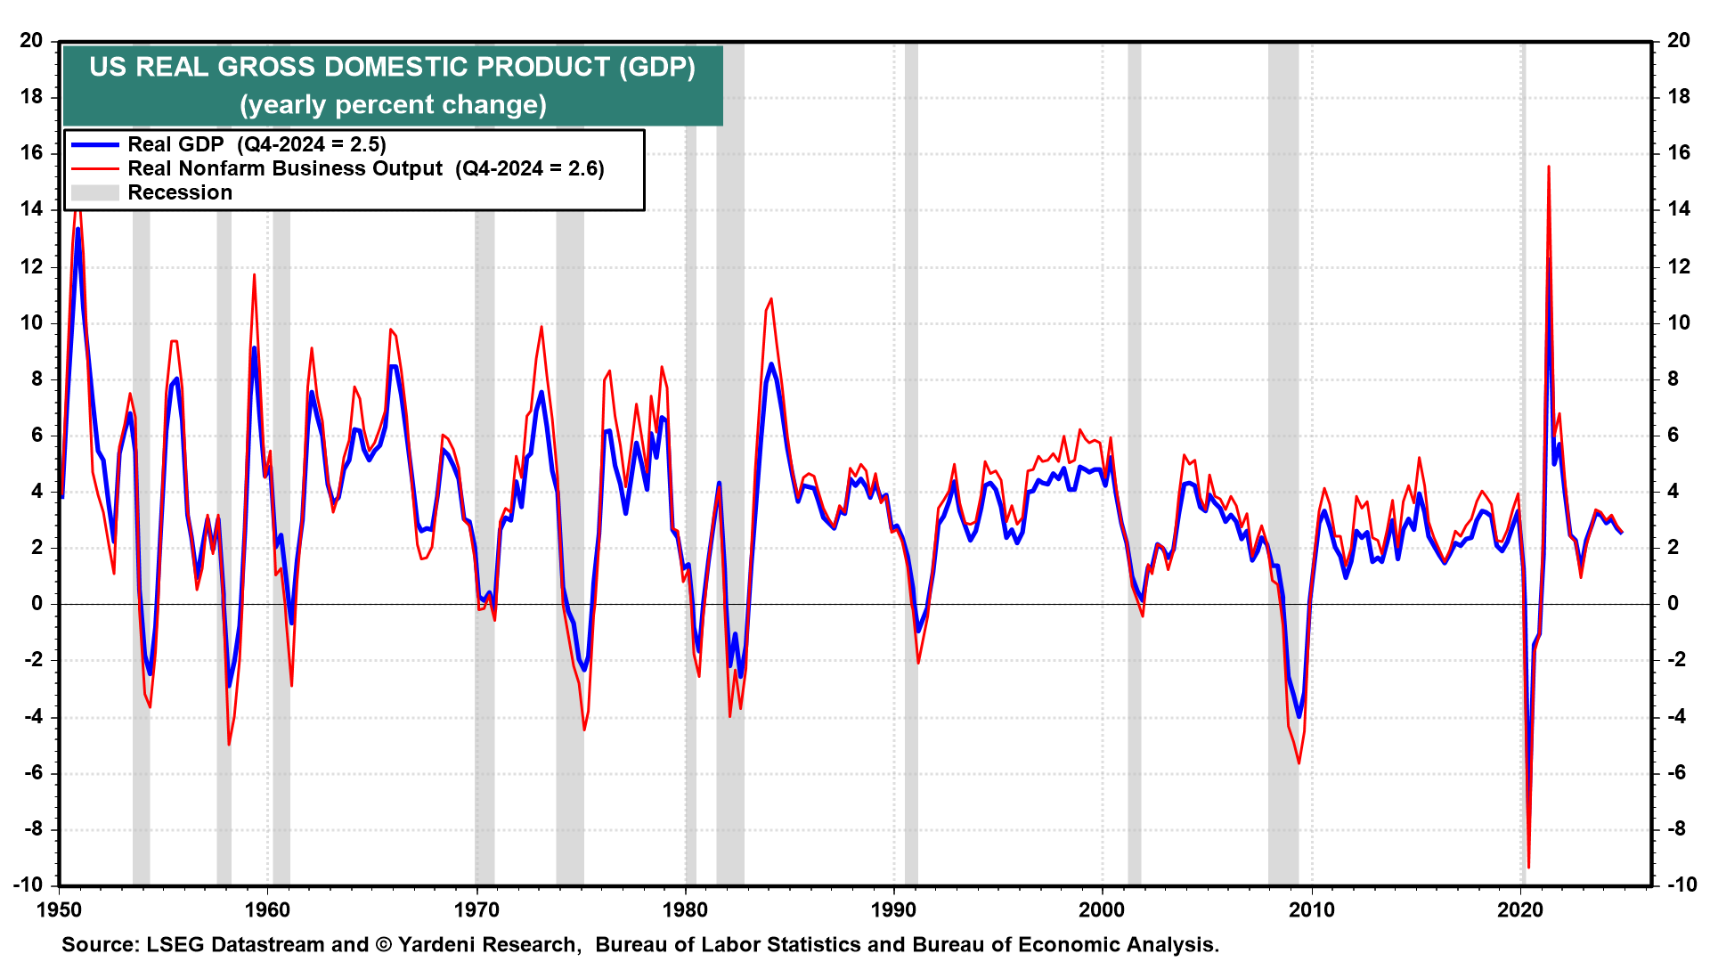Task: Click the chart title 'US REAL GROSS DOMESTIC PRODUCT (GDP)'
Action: coord(392,68)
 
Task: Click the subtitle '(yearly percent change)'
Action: coord(392,105)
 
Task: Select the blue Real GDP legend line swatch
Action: coord(94,145)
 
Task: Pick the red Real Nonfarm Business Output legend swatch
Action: coord(94,169)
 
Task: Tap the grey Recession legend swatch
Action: coord(94,193)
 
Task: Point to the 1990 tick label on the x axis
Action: coord(893,909)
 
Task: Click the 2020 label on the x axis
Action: coord(1520,909)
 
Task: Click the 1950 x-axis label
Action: coord(59,909)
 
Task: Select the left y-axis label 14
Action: coord(32,209)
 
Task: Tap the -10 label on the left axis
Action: coord(28,885)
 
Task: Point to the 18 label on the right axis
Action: coord(1678,97)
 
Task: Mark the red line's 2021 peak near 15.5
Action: coord(1549,167)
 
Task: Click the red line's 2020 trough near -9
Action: coord(1528,867)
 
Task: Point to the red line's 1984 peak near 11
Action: coord(771,299)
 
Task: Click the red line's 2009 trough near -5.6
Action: coord(1299,762)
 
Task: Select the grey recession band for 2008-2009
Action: coord(1283,445)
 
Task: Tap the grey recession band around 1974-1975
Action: coord(570,445)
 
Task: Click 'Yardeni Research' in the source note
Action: coord(489,945)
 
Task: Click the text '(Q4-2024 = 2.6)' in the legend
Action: coord(529,169)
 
